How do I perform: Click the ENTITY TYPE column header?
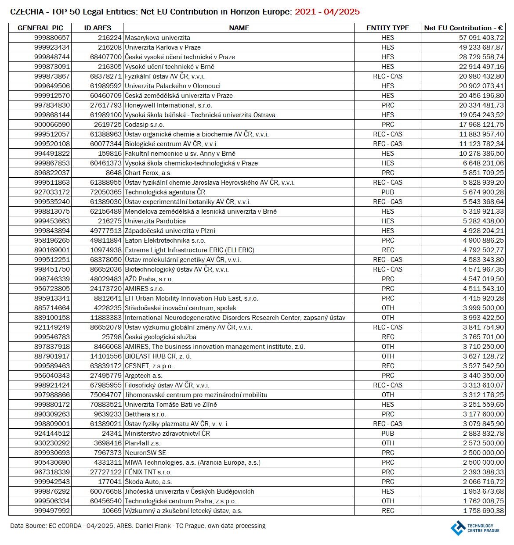387,28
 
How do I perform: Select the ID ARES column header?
98,28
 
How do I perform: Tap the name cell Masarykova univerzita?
157,38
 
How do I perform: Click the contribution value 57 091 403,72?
481,38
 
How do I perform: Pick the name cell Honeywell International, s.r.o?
168,105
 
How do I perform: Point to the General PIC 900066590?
52,125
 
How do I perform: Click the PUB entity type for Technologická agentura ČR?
387,192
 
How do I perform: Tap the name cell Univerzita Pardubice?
155,221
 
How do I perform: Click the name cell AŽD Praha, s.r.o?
148,279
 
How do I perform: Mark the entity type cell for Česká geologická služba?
387,337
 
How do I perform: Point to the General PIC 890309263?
52,414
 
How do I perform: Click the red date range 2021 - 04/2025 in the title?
327,12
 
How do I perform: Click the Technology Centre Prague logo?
474,527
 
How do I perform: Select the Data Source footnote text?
138,526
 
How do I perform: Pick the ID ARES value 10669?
112,511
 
